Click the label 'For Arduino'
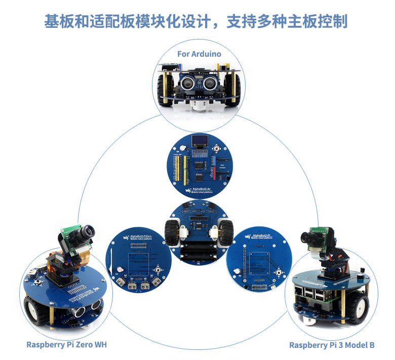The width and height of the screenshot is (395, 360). pyautogui.click(x=199, y=54)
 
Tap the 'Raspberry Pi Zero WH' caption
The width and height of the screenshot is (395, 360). pyautogui.click(x=66, y=345)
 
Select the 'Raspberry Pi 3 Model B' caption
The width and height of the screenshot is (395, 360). pyautogui.click(x=332, y=345)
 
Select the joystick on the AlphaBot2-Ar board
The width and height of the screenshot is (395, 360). pyautogui.click(x=218, y=150)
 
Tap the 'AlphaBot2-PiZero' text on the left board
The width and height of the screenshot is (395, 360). pyautogui.click(x=140, y=236)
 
